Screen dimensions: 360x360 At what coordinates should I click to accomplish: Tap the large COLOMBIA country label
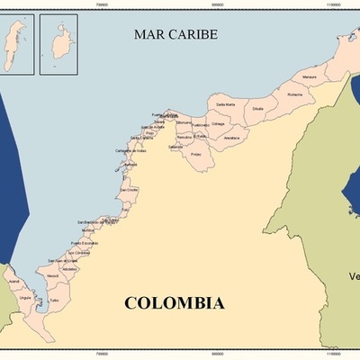pos(174,303)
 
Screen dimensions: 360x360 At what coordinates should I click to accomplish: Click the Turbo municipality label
pos(54,300)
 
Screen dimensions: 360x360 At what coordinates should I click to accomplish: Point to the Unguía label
pos(25,297)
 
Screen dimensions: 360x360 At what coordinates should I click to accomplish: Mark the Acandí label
pos(13,281)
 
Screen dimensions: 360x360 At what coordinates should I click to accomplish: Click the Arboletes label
pos(68,268)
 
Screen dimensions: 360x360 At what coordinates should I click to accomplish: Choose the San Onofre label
pos(129,190)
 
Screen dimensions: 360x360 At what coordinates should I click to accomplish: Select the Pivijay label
pos(196,154)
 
